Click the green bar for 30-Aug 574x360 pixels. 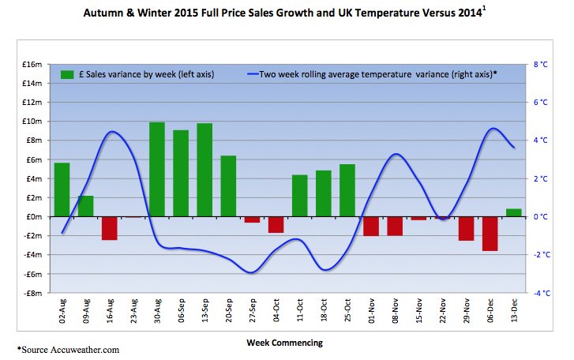157,169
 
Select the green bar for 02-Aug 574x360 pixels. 62,189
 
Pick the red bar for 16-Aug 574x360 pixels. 109,227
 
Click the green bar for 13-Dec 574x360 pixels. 513,212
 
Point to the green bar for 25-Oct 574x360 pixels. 347,190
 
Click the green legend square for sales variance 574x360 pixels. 67,73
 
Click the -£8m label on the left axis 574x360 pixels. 31,293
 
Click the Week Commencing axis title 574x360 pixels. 284,342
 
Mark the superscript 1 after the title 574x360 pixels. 484,9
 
